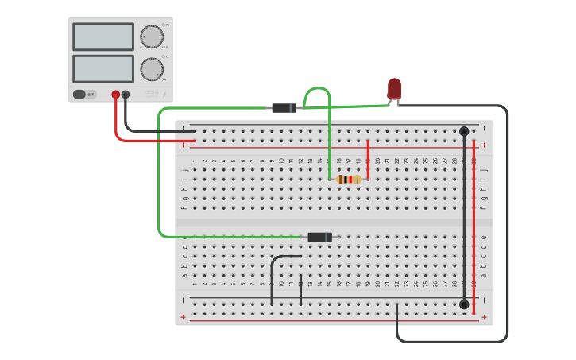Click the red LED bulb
pos(394,88)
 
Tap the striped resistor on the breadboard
pos(348,180)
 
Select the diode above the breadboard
pos(284,108)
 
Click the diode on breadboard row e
pos(319,237)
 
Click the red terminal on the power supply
pos(116,95)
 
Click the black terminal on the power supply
pos(126,95)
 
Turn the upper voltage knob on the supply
pos(151,37)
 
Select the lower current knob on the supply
pos(151,69)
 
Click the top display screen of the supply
pos(103,37)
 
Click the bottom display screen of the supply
pos(103,68)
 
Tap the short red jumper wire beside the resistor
pos(368,159)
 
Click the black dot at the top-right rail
pos(464,131)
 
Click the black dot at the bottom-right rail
pos(464,304)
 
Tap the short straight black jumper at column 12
pos(300,290)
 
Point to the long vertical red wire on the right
pos(474,223)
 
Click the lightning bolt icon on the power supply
pos(164,95)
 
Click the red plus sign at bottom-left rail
pos(184,317)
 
